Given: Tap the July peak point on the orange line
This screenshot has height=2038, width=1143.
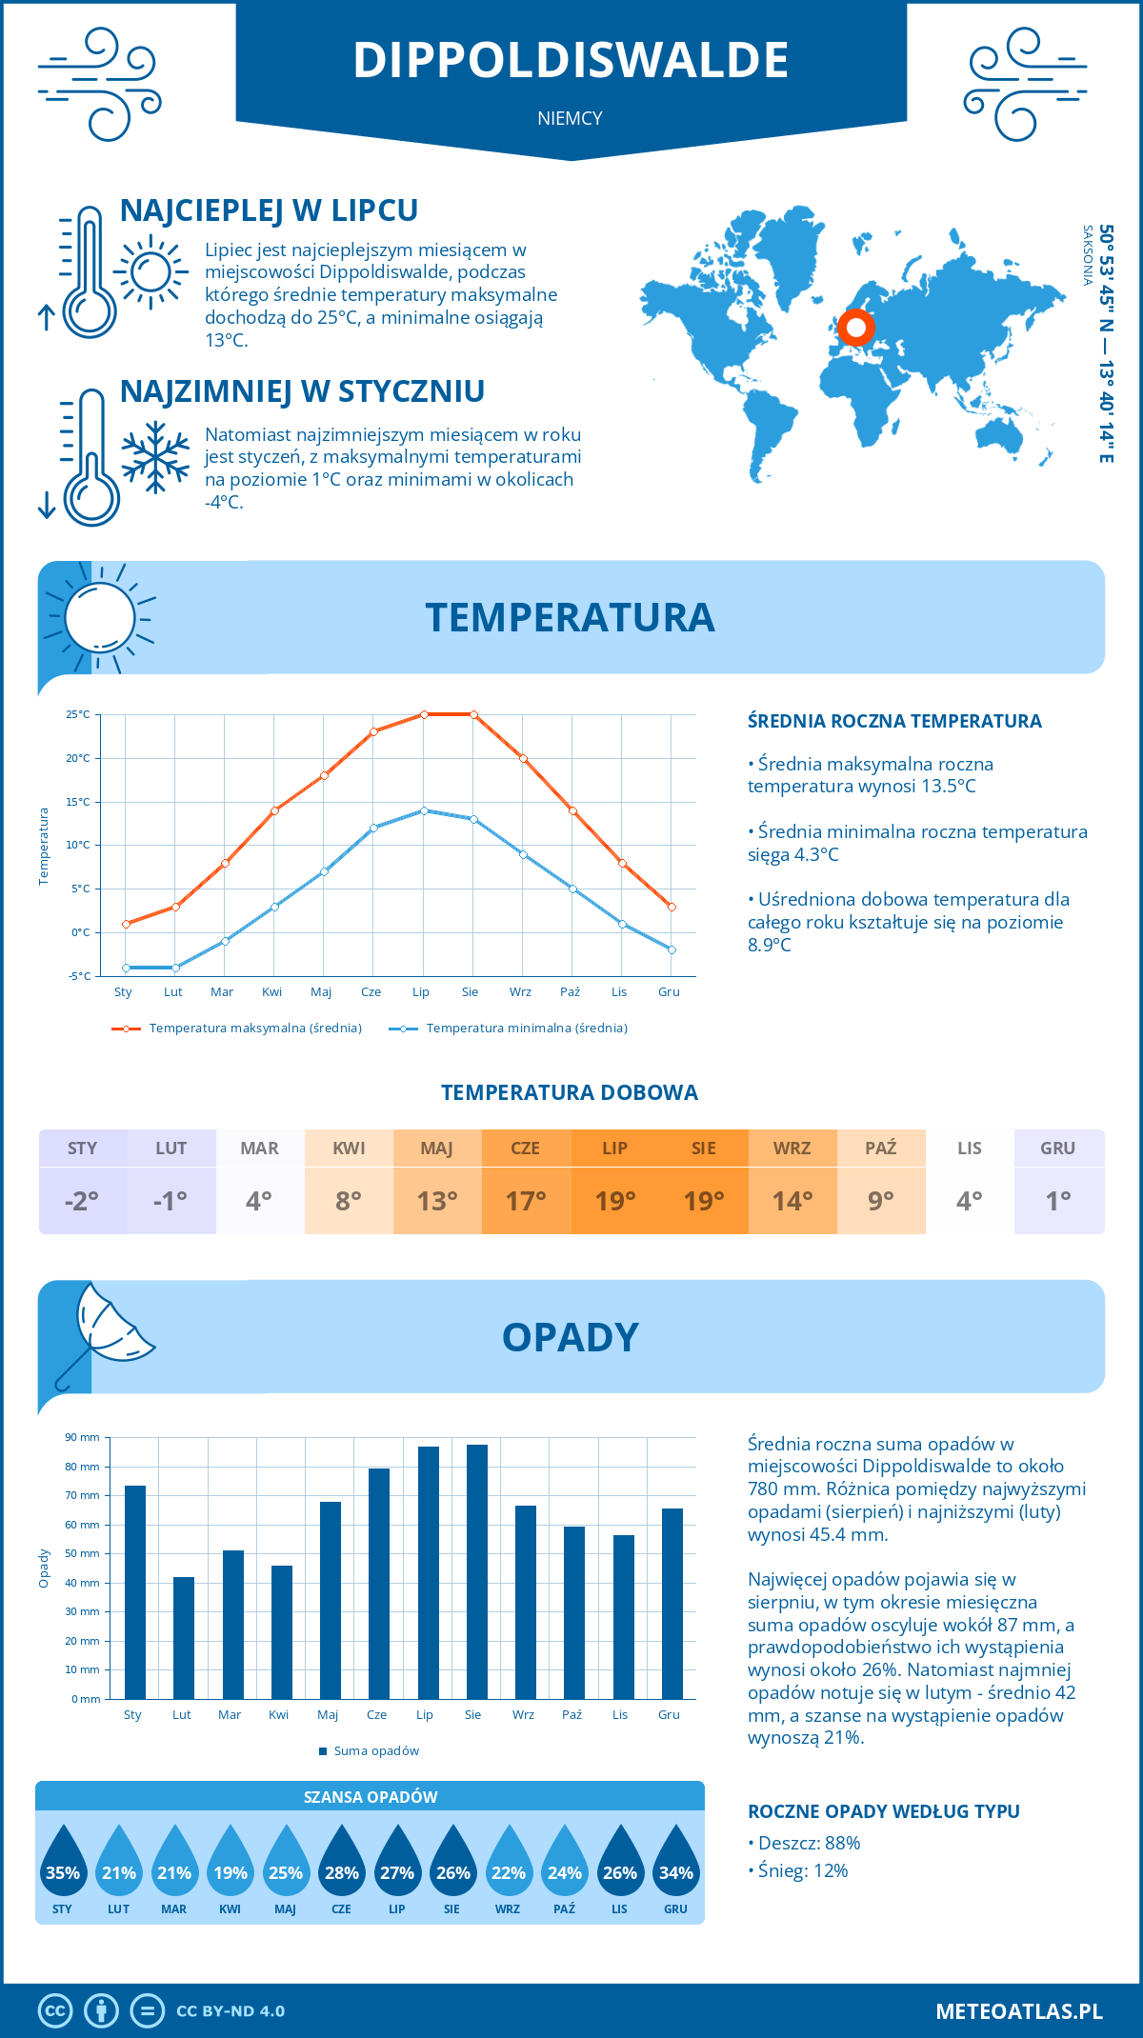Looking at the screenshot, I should [424, 714].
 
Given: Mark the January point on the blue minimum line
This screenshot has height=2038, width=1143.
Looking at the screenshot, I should [126, 968].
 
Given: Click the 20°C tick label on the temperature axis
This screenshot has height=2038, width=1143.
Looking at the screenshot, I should [78, 758].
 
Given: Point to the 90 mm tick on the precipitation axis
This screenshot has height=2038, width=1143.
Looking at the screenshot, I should [83, 1437].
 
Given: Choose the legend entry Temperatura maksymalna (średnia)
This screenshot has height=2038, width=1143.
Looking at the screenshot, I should [237, 1029].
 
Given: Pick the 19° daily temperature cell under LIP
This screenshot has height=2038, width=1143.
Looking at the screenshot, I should [614, 1201].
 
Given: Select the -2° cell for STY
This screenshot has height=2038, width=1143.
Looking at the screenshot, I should [82, 1201].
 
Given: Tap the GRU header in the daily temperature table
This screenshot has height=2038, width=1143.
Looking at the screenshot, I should [1058, 1149].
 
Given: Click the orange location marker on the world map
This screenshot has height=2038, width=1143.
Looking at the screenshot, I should [856, 328].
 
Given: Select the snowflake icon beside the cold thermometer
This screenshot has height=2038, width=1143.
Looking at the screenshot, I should [155, 456].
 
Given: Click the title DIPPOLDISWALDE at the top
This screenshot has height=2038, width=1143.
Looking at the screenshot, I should [571, 60].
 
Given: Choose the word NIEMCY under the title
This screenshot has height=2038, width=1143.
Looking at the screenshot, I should [570, 118].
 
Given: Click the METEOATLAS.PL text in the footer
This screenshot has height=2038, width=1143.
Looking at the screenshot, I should [1019, 2011].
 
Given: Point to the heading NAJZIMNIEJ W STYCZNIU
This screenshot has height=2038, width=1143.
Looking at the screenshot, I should [302, 391].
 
